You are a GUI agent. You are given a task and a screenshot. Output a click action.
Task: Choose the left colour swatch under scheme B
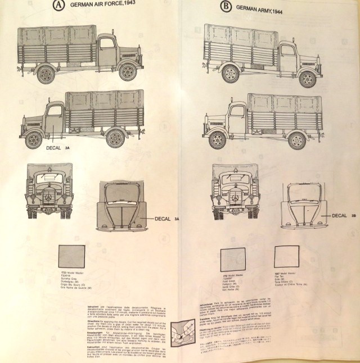click(x=232, y=259)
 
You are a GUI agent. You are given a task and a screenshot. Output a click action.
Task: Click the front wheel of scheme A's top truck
click(x=128, y=72)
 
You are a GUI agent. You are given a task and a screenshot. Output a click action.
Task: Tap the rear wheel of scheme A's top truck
click(x=47, y=74)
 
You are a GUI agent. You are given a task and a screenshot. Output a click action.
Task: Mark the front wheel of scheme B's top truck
click(x=307, y=78)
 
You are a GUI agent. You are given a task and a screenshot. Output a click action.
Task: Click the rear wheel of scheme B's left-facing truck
click(x=296, y=139)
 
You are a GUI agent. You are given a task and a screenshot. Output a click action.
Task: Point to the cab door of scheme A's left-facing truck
click(x=55, y=119)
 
